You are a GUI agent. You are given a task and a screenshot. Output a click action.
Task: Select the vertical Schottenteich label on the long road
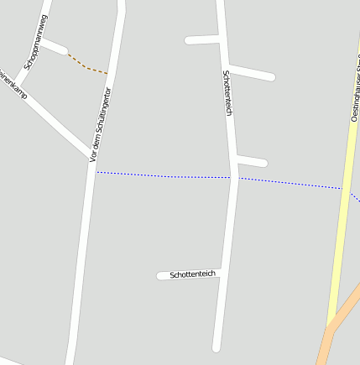(x=227, y=92)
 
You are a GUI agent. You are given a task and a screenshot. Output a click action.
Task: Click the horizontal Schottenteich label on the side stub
(x=193, y=274)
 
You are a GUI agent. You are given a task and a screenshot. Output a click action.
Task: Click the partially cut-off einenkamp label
(x=13, y=83)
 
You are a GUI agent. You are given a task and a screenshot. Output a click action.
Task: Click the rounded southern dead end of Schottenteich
(x=217, y=346)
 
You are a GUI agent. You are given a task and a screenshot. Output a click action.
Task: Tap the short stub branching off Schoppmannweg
(x=55, y=47)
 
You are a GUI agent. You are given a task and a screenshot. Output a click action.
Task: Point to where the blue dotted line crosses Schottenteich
(x=232, y=177)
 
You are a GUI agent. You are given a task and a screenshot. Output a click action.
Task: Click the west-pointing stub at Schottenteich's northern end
(x=201, y=39)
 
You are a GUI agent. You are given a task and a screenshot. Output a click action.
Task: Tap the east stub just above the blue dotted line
(x=251, y=161)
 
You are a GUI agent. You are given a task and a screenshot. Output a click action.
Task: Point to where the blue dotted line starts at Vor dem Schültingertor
(x=96, y=172)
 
